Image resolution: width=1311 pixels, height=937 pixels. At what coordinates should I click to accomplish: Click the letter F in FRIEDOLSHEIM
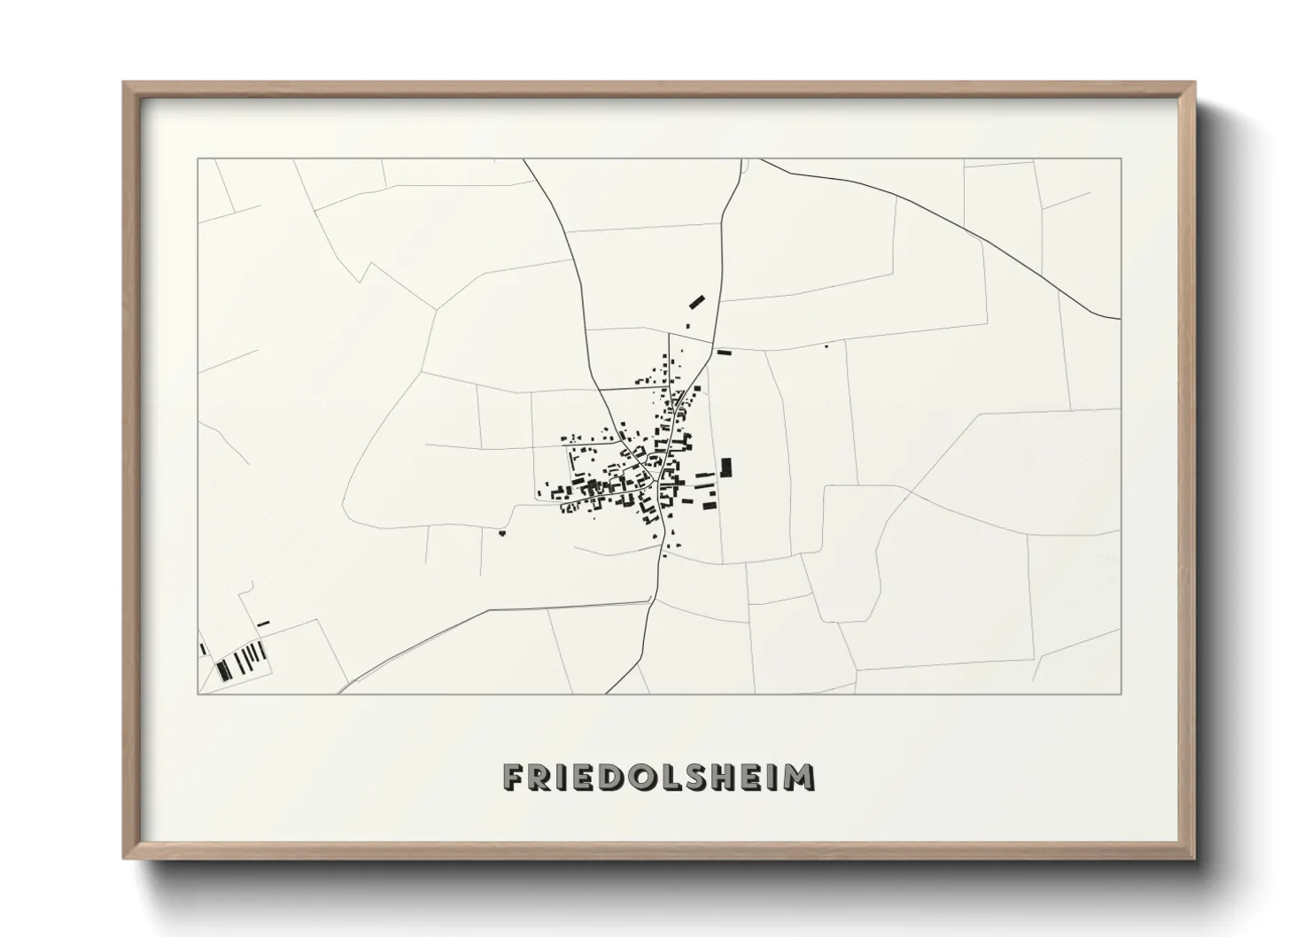coord(513,777)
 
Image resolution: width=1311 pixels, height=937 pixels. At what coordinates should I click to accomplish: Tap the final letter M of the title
coord(800,777)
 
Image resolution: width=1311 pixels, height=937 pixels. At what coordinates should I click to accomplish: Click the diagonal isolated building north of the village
coord(697,301)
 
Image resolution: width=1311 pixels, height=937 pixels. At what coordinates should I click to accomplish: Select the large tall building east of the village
coord(726,467)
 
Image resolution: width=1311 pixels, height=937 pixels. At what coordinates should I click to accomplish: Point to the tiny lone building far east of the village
coord(826,345)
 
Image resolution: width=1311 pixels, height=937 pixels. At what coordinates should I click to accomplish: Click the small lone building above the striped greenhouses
coord(263,623)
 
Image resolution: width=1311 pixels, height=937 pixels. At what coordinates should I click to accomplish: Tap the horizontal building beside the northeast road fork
coord(725,352)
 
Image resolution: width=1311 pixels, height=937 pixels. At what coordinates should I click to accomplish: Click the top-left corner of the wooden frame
coord(124,82)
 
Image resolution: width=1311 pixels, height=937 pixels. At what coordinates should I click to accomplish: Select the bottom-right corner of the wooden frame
coord(1194,858)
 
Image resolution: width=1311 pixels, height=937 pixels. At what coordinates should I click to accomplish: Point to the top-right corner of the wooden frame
coord(1194,82)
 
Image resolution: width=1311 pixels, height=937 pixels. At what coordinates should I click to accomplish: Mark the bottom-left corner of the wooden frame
coord(124,858)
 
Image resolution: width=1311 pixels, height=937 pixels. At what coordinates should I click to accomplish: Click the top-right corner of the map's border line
coord(1121,159)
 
